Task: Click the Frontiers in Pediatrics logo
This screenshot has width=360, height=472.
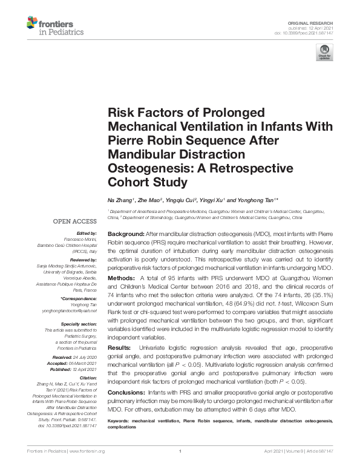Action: pos(54,26)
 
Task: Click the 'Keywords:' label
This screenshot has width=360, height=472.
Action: pos(120,419)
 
